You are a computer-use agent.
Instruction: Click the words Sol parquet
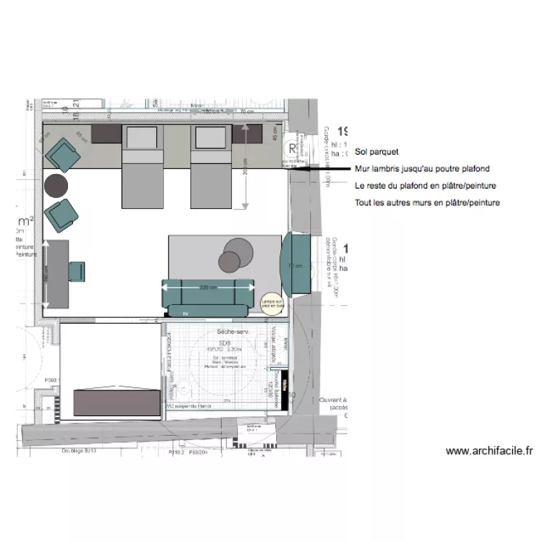point(377,152)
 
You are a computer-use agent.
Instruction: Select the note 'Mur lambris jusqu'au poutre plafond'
point(422,169)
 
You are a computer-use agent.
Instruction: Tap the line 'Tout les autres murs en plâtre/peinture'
point(427,203)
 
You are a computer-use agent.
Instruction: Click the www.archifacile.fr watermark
point(489,451)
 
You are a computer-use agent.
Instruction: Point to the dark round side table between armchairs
point(56,186)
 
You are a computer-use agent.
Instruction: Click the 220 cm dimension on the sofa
point(208,288)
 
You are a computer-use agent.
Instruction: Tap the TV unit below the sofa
point(186,313)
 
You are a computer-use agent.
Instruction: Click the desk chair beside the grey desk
point(77,271)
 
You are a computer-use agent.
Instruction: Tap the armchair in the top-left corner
point(61,154)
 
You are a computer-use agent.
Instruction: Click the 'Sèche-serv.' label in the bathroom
point(232,331)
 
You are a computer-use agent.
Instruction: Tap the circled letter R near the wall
point(292,150)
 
